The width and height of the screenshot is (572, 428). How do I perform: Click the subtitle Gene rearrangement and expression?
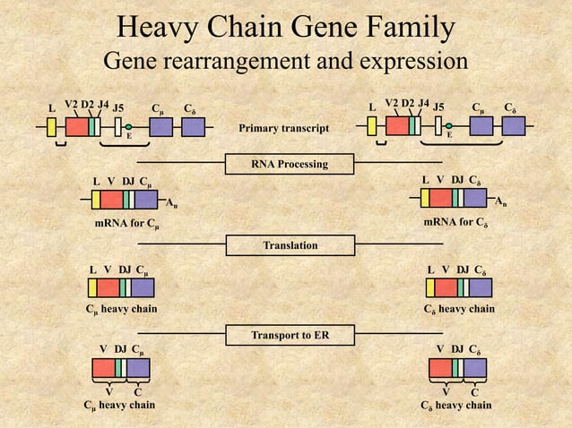click(286, 63)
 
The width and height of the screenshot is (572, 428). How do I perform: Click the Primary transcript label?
click(283, 129)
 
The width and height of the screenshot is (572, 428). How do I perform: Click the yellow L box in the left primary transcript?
click(52, 126)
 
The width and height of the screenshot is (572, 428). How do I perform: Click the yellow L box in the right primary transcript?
click(372, 126)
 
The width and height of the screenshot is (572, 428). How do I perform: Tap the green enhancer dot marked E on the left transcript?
click(129, 127)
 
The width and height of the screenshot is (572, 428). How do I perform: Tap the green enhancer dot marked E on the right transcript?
click(450, 127)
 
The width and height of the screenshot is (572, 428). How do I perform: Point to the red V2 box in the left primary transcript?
click(76, 126)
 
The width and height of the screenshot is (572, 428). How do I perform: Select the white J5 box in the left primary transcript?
click(118, 126)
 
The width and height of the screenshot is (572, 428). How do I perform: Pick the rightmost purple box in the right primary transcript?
click(514, 126)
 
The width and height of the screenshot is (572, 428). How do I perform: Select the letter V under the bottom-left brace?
click(108, 391)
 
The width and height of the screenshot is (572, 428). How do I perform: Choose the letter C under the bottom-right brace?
click(474, 391)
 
